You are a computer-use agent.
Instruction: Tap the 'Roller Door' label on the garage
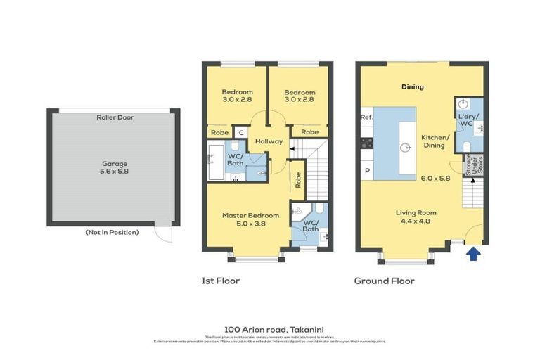click(x=115, y=117)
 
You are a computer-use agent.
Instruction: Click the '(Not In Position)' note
click(x=112, y=232)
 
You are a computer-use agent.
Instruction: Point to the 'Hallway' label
click(x=269, y=141)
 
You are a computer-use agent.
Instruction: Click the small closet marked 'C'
click(x=240, y=131)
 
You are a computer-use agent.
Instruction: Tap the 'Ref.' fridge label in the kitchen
click(x=366, y=117)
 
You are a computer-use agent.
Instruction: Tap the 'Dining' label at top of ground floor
click(x=413, y=87)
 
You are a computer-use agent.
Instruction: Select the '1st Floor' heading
click(x=220, y=281)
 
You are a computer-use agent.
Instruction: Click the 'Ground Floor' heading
click(x=384, y=281)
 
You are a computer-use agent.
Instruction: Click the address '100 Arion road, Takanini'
click(x=269, y=328)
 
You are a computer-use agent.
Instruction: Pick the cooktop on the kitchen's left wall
click(x=366, y=143)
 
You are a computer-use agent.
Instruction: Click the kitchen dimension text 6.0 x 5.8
click(x=435, y=179)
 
